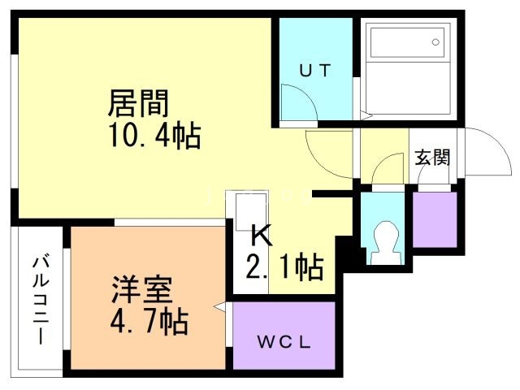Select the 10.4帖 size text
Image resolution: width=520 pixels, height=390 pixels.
point(155,135)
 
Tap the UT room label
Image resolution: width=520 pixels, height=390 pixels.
point(314,71)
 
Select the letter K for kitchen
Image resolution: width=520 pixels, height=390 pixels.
point(260,236)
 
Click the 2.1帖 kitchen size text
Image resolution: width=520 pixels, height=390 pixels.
point(284,266)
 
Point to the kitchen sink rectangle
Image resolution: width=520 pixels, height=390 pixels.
point(251,210)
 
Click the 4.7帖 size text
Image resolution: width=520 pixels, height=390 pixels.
point(150,322)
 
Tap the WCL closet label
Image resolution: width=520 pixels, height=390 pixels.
point(284,340)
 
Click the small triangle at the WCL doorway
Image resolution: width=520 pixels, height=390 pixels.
point(219,308)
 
